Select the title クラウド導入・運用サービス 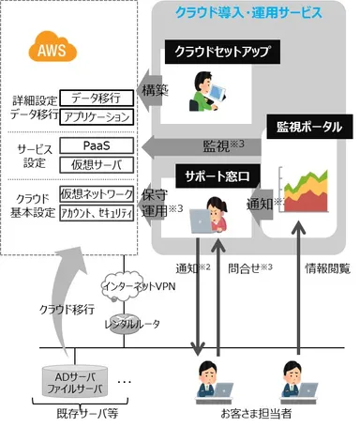pyautogui.click(x=247, y=13)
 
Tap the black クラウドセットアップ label pyautogui.click(x=211, y=53)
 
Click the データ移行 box pyautogui.click(x=96, y=97)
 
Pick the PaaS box pyautogui.click(x=96, y=146)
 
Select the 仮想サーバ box pyautogui.click(x=96, y=164)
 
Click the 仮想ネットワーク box pyautogui.click(x=96, y=192)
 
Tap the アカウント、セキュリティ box pyautogui.click(x=96, y=211)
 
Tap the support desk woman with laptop pyautogui.click(x=211, y=217)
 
